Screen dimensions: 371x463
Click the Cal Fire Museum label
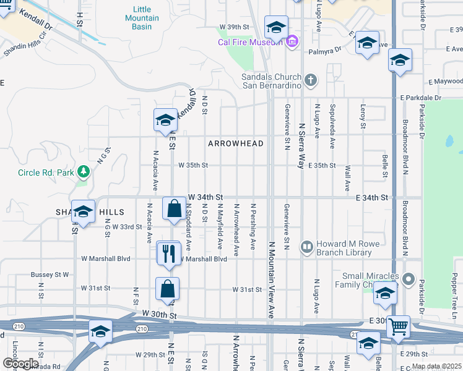250,42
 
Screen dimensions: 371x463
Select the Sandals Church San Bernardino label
271,81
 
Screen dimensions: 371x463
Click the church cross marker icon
311,80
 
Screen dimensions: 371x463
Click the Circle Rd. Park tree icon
82,172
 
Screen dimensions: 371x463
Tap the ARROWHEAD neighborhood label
236,143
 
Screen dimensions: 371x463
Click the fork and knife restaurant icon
168,253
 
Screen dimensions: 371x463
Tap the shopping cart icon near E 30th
398,326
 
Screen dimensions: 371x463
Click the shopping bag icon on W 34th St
174,209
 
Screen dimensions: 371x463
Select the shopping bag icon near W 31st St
167,289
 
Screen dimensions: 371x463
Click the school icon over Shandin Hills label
83,212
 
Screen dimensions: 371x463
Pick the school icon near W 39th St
276,27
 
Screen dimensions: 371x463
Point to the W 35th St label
193,165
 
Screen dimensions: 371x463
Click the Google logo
20,364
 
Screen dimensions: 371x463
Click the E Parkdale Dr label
420,98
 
